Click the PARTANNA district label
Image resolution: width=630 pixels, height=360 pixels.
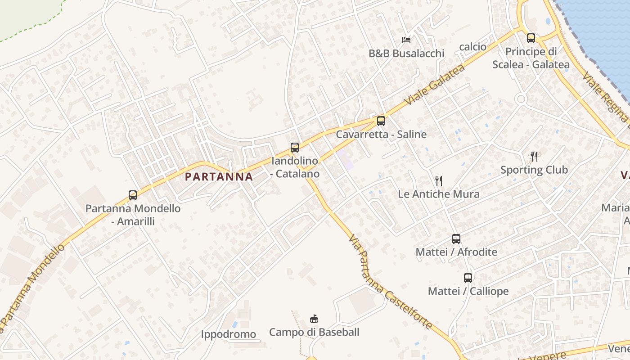point(219,177)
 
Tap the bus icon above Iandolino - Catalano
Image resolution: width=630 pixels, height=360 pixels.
point(295,148)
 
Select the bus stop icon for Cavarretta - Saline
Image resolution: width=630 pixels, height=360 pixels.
point(381,121)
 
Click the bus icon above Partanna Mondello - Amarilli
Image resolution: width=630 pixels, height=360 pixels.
point(133,195)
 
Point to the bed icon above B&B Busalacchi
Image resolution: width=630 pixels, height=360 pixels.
point(406,40)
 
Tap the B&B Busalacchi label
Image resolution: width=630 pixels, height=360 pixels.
point(406,54)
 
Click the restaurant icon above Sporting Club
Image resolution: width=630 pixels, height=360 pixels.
point(534,157)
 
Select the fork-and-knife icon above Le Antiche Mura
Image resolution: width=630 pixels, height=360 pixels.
point(439,181)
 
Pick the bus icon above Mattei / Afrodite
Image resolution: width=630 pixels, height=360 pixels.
point(456,239)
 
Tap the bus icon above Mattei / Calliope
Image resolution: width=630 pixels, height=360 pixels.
point(468,278)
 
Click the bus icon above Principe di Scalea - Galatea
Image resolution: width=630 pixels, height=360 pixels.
point(531,38)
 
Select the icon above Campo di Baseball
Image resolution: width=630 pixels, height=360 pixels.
point(314,319)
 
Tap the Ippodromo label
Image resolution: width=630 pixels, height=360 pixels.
point(228,334)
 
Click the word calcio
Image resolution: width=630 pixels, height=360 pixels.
point(472,47)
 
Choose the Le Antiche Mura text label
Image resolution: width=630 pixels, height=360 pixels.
point(439,194)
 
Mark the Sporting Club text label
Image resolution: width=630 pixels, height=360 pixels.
point(534,170)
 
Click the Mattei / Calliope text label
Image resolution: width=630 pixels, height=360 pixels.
point(468,291)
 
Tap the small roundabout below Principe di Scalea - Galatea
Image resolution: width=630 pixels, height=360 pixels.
point(521,99)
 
